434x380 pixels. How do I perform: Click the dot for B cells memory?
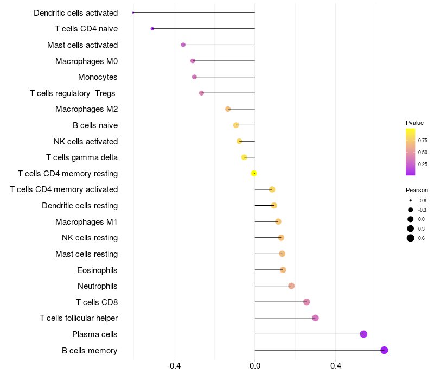tap(384, 350)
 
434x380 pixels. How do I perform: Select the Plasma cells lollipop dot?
tap(363, 334)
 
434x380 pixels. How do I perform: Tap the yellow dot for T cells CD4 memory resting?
tap(254, 173)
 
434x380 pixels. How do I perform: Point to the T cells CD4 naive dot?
tap(152, 28)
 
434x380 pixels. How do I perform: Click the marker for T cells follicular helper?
tap(315, 318)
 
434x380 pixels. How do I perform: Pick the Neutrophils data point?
tap(291, 286)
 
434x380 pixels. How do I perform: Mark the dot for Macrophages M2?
tap(228, 109)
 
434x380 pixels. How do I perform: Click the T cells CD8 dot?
tap(307, 302)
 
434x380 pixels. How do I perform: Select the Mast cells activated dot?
tap(183, 45)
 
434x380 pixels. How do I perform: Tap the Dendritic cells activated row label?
tap(75, 12)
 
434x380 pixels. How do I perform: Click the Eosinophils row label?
tap(97, 270)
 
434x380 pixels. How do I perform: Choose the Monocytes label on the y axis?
tap(98, 77)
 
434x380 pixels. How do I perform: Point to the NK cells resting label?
tap(90, 238)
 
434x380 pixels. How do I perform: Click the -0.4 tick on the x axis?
tap(174, 366)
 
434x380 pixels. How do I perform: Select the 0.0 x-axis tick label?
tap(254, 366)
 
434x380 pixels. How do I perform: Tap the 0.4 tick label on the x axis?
tap(335, 366)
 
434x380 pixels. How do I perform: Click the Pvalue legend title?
tap(414, 123)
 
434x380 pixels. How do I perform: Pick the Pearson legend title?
tap(417, 190)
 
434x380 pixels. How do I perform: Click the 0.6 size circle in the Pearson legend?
tap(411, 238)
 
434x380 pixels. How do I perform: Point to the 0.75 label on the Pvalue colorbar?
tap(423, 140)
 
